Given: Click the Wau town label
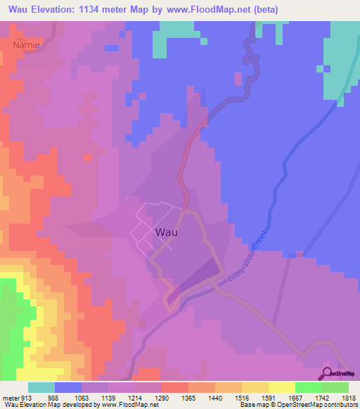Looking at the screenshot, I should [x=166, y=231].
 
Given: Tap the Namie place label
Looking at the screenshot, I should [x=27, y=44].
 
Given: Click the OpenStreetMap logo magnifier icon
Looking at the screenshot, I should [x=328, y=372].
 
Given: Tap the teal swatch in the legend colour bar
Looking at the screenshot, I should [x=41, y=387].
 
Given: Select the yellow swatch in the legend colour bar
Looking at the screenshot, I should [x=282, y=387].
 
